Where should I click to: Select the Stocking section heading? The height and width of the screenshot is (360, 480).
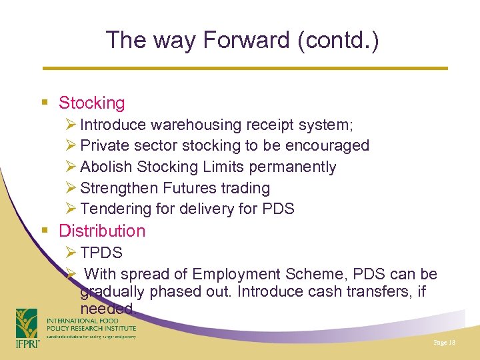coord(91,103)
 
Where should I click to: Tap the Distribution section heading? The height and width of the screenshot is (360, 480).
coord(101,231)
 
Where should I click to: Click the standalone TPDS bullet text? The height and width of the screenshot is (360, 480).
coord(101,253)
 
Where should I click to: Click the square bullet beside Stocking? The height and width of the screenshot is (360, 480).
coord(45,103)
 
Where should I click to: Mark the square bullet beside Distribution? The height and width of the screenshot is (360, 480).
coord(45,231)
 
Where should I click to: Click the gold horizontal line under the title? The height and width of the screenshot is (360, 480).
coord(245,68)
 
